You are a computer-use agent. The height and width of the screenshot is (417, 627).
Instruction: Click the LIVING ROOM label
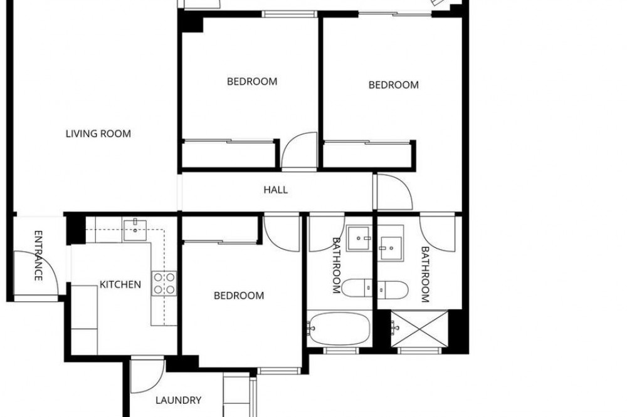click(x=98, y=133)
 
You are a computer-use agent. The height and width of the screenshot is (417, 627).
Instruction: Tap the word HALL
click(x=275, y=189)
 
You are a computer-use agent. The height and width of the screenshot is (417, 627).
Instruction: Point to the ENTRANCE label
click(x=38, y=255)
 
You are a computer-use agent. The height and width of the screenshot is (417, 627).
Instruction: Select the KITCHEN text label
click(x=120, y=284)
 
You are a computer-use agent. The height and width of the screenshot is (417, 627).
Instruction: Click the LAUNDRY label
click(x=178, y=400)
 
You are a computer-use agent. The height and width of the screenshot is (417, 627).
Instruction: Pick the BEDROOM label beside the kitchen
click(x=239, y=296)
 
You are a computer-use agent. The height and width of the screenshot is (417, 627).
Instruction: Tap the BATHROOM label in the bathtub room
click(x=336, y=265)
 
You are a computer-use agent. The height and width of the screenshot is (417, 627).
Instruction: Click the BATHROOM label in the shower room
click(x=425, y=274)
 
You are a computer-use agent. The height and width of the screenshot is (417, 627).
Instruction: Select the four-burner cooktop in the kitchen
click(x=164, y=283)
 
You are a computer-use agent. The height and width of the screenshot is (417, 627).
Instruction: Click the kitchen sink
click(x=135, y=230)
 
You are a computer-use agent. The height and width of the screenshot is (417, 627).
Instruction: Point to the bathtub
click(x=340, y=329)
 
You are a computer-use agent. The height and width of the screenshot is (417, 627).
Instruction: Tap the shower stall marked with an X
click(x=419, y=328)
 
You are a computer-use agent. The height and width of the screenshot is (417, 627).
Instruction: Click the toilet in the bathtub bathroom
click(x=357, y=287)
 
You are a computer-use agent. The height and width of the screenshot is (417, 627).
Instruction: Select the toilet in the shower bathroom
click(x=393, y=289)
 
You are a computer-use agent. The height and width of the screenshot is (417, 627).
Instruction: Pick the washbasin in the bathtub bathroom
click(x=359, y=238)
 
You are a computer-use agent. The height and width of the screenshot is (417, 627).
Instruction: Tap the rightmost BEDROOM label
click(x=394, y=85)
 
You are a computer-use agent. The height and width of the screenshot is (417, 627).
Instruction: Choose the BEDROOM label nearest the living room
click(x=252, y=81)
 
